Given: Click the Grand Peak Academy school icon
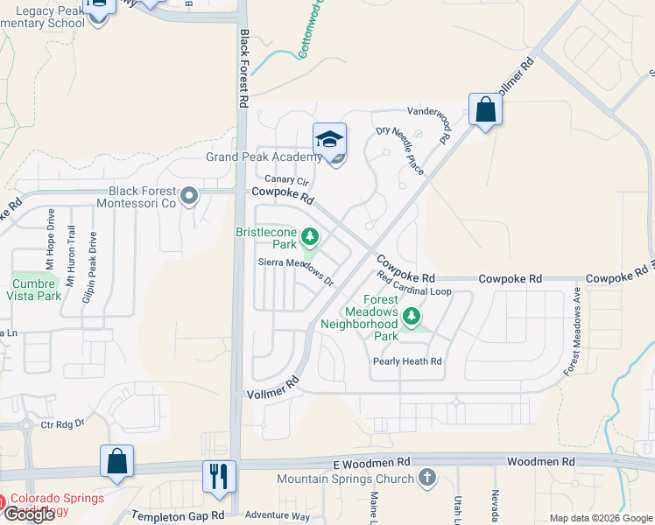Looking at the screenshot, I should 330,140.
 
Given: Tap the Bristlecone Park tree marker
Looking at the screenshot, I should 309,236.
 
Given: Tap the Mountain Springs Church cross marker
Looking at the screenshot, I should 426,478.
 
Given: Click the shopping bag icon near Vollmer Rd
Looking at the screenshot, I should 485,110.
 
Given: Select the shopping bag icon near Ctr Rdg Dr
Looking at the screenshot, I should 117,462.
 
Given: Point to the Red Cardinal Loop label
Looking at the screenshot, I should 414,283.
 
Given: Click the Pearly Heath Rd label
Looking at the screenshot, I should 407,360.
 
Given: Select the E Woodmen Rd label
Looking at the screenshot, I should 371,461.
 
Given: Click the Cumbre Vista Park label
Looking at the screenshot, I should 37,290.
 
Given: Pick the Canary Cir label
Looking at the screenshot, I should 288,180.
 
